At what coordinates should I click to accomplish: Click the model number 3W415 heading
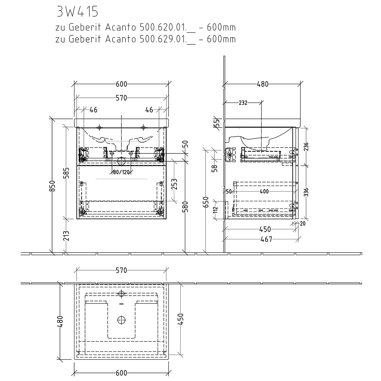point(77,11)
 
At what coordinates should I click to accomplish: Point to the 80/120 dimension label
point(121,172)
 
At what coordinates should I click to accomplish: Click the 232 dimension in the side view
point(243,103)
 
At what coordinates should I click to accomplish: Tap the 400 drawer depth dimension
point(264,192)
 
